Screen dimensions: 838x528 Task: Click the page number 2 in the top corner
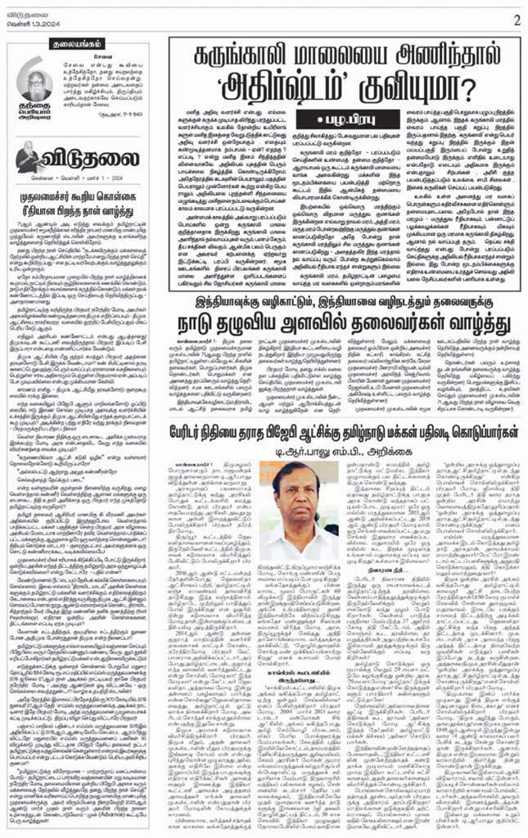(x=517, y=18)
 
